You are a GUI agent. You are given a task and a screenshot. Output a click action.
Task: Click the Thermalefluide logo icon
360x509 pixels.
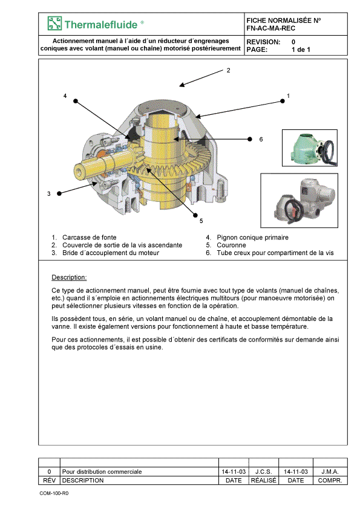click(54, 24)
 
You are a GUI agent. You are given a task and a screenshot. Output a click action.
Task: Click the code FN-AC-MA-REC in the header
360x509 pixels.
click(270, 28)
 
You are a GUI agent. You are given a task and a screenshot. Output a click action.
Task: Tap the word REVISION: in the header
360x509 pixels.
click(263, 42)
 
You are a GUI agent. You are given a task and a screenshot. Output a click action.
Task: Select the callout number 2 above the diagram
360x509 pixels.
click(229, 70)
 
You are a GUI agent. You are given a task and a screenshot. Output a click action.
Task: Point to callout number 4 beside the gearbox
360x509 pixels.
click(65, 96)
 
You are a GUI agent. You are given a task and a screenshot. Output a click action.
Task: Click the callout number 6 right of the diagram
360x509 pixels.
click(261, 139)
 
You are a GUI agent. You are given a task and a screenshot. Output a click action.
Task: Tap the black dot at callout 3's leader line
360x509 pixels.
click(59, 193)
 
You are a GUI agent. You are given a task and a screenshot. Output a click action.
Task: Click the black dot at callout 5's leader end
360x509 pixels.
click(195, 215)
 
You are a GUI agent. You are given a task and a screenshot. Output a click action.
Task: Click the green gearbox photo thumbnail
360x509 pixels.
click(310, 148)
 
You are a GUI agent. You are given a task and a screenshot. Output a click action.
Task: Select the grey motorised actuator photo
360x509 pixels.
click(299, 200)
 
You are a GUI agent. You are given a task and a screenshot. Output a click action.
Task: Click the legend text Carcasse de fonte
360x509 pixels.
click(90, 238)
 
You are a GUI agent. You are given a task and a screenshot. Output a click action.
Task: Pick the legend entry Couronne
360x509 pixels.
click(231, 245)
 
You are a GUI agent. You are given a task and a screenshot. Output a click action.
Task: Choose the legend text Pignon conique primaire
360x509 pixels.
click(252, 238)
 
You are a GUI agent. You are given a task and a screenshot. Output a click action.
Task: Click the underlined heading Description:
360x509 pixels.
click(69, 277)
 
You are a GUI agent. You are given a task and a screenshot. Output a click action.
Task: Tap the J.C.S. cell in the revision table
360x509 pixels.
click(264, 472)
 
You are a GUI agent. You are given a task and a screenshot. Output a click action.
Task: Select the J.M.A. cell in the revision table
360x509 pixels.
click(330, 472)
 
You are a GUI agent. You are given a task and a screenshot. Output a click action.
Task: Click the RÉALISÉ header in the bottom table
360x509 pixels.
click(264, 480)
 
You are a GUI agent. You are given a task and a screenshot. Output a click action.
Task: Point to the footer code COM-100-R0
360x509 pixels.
click(54, 493)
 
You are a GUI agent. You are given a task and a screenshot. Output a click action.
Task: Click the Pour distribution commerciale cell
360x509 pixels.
click(102, 472)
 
